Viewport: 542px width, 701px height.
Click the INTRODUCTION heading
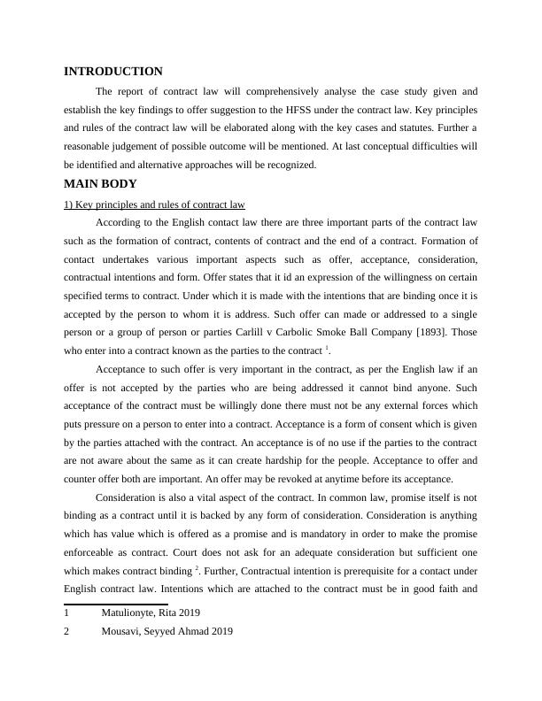(113, 72)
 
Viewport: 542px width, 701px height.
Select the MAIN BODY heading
(100, 184)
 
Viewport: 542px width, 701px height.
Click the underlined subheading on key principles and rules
(154, 204)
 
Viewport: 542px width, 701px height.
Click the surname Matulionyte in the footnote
(132, 612)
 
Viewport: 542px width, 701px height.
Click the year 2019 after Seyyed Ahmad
(219, 631)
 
